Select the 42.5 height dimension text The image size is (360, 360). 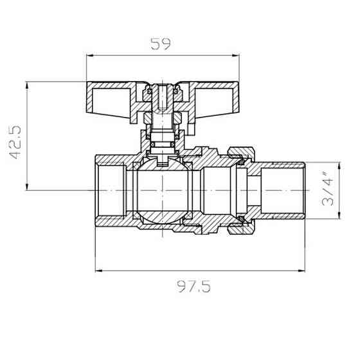coord(15,142)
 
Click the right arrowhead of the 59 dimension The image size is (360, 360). coord(237,57)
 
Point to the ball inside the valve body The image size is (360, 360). coord(163,191)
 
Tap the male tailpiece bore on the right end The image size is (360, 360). coord(283,191)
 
